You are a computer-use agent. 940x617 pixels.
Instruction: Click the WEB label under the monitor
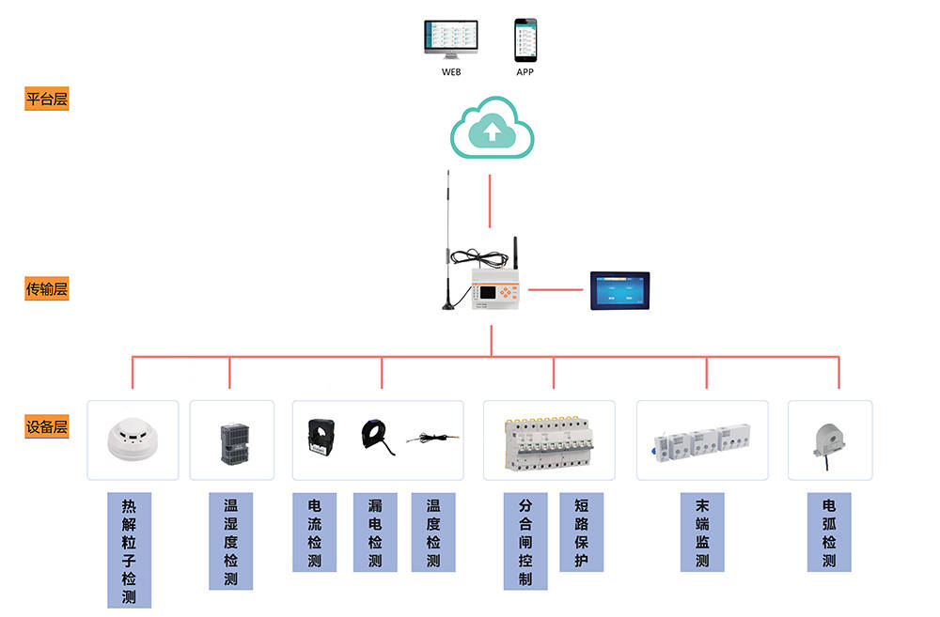tap(451, 71)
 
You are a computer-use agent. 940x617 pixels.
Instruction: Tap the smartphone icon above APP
tap(525, 40)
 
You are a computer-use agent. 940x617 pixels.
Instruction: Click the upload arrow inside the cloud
tap(492, 132)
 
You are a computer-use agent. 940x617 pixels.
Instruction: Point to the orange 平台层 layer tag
tap(47, 99)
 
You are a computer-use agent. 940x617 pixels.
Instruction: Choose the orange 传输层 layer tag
tap(47, 289)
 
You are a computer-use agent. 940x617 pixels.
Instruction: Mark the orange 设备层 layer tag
tap(47, 427)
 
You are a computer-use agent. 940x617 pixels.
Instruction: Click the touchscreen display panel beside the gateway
tap(619, 290)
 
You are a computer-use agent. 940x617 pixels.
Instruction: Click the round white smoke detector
tap(133, 437)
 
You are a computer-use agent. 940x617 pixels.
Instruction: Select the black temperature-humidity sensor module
tap(232, 442)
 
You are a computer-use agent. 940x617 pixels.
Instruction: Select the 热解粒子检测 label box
tap(129, 549)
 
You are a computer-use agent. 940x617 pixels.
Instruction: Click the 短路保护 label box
tap(581, 532)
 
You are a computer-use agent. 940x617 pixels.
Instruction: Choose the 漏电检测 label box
tap(375, 532)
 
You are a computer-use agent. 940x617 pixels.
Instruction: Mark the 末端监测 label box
tap(702, 532)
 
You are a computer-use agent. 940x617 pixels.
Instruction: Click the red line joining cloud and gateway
tap(491, 201)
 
